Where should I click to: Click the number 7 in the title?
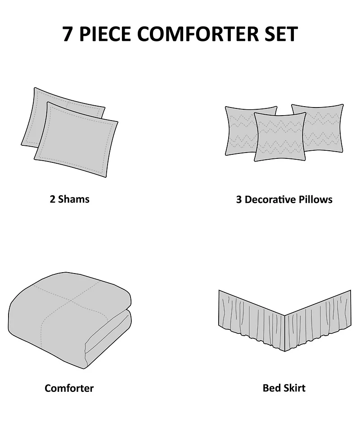point(67,34)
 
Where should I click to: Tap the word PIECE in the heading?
point(104,34)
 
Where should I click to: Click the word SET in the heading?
point(279,34)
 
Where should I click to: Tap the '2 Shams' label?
point(69,199)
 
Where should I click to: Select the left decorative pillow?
point(238,130)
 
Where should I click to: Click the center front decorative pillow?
point(280,137)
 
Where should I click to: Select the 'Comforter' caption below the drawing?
point(69,388)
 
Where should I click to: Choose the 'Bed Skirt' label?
point(284,388)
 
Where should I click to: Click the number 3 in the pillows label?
point(239,199)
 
